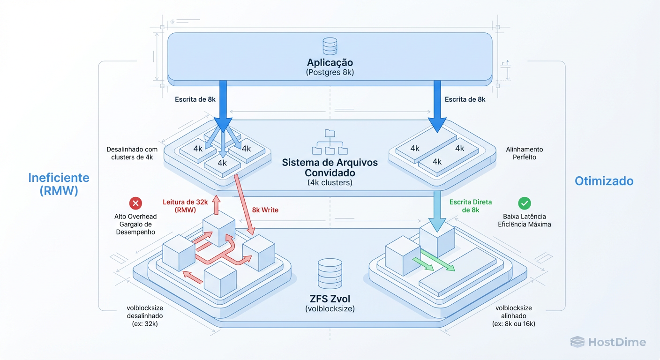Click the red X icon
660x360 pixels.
click(x=135, y=203)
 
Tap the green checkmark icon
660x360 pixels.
click(x=525, y=203)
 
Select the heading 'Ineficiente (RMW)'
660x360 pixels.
click(x=59, y=184)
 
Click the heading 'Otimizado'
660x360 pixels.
click(x=604, y=181)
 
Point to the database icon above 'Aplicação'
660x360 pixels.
click(x=330, y=47)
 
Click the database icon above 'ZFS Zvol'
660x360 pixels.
click(x=330, y=273)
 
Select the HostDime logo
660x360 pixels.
click(x=608, y=342)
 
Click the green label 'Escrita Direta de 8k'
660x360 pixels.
click(x=471, y=206)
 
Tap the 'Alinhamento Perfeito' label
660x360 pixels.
click(x=525, y=153)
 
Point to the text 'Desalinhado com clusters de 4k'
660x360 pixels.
click(x=132, y=153)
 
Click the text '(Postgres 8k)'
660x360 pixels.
click(x=330, y=72)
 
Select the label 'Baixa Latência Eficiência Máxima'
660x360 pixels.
click(x=525, y=220)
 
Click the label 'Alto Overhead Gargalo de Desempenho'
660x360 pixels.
click(x=135, y=224)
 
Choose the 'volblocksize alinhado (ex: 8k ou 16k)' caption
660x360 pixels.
click(x=514, y=316)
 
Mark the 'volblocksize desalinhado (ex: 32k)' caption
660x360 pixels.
click(x=145, y=316)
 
